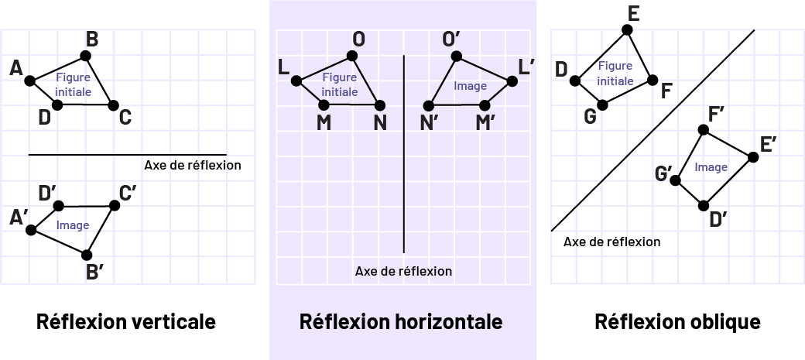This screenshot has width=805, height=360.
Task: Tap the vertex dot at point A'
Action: [31, 230]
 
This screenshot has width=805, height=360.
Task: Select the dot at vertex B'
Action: [87, 255]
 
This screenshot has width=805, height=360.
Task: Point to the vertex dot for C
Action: [113, 105]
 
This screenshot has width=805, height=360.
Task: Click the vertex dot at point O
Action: [352, 56]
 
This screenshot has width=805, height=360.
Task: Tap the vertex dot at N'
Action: [428, 105]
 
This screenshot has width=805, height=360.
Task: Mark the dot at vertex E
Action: [627, 29]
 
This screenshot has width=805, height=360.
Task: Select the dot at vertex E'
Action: [753, 157]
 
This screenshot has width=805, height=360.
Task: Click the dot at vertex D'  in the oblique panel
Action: [704, 205]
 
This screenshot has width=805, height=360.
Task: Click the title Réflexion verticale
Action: [126, 321]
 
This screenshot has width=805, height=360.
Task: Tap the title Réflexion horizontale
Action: [401, 321]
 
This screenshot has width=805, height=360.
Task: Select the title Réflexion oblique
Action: [677, 321]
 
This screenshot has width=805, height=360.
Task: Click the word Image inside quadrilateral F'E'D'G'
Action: [711, 167]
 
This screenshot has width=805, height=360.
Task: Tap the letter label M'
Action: [485, 123]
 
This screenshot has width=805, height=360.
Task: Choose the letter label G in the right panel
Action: [590, 116]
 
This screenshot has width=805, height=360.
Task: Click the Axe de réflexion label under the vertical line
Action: [403, 271]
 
